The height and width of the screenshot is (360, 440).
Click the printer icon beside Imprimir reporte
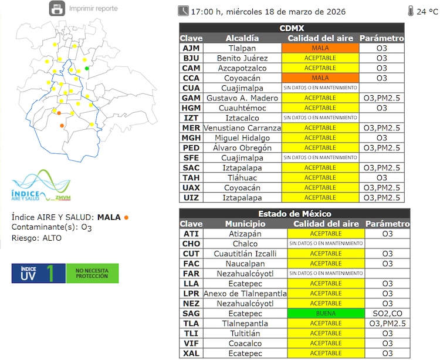56,9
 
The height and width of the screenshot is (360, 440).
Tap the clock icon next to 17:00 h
183,11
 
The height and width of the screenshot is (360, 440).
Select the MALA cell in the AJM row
320,48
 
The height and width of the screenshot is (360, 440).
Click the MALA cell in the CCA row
320,78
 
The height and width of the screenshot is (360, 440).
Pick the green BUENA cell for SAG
326,314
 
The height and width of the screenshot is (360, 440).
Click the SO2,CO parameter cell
387,314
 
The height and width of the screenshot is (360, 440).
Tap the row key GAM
191,98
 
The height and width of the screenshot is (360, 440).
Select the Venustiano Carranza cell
242,128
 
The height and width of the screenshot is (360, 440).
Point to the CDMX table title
292,28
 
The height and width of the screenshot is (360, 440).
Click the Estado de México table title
295,214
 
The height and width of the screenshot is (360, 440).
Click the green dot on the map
87,69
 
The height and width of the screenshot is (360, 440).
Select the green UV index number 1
52,273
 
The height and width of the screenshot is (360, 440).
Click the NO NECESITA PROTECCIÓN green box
92,273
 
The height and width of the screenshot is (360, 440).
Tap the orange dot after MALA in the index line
126,217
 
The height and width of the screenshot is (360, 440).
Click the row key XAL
191,354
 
